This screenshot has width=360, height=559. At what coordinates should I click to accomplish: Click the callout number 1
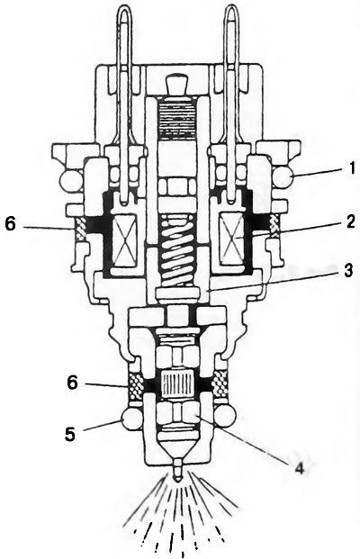coord(352,168)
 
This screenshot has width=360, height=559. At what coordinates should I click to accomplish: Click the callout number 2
coord(350,222)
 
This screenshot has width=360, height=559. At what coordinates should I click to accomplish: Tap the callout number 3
coord(347,271)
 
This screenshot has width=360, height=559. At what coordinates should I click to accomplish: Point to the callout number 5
coord(70,434)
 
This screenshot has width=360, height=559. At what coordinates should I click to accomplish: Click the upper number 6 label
coord(11,225)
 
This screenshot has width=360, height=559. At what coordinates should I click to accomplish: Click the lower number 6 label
coord(73,383)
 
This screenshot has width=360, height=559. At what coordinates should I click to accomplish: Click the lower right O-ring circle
coord(226,415)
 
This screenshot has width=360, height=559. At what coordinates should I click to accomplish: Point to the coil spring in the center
coord(177,245)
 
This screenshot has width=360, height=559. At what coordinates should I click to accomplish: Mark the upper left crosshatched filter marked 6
coord(80,228)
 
